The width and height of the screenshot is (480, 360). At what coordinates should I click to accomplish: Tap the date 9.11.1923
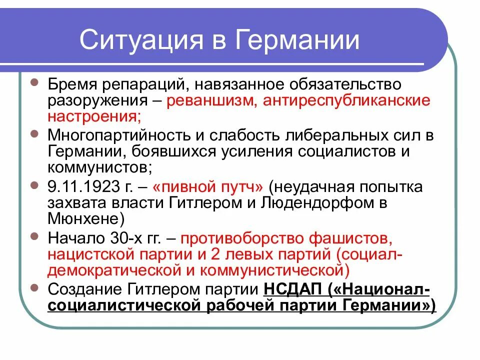click(x=80, y=187)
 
